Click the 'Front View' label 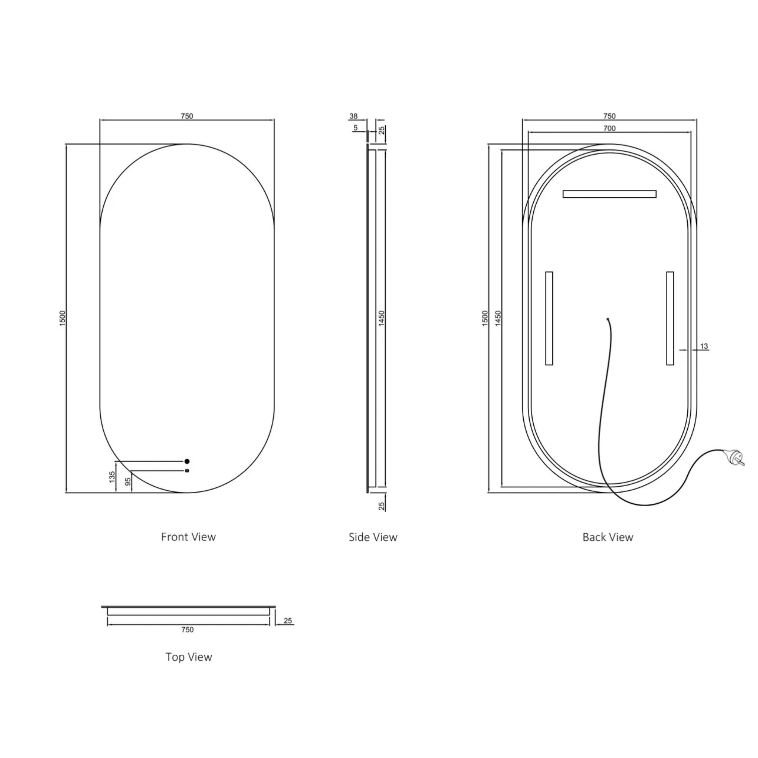pyautogui.click(x=188, y=537)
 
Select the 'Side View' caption pyautogui.click(x=373, y=537)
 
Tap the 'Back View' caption pyautogui.click(x=607, y=537)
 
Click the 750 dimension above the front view pyautogui.click(x=187, y=116)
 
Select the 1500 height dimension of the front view pyautogui.click(x=63, y=318)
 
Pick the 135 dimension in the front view pyautogui.click(x=112, y=477)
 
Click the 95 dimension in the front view pyautogui.click(x=128, y=482)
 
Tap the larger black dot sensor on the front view pyautogui.click(x=187, y=462)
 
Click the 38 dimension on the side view pyautogui.click(x=353, y=116)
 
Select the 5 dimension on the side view pyautogui.click(x=355, y=128)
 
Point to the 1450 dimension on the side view pyautogui.click(x=382, y=318)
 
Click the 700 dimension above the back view pyautogui.click(x=609, y=128)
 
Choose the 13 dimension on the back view pyautogui.click(x=704, y=346)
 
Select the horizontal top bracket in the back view pyautogui.click(x=609, y=194)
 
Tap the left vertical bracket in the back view pyautogui.click(x=549, y=318)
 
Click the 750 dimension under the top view pyautogui.click(x=188, y=630)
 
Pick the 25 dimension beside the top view pyautogui.click(x=288, y=621)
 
